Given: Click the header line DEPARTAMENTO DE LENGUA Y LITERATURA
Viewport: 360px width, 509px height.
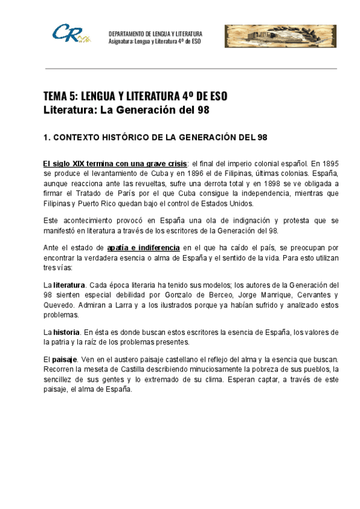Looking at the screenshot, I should (x=155, y=34).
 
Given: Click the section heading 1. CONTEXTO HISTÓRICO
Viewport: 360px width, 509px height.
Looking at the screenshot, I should (x=155, y=137).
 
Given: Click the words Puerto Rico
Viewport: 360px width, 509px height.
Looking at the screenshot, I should (x=98, y=203).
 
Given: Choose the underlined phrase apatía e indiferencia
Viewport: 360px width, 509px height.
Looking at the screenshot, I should (x=143, y=247).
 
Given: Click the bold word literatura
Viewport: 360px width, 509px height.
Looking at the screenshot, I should (x=70, y=285).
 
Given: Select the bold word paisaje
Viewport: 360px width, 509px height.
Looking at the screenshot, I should (x=66, y=359).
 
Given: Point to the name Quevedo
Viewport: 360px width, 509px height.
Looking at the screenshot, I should (x=58, y=305).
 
